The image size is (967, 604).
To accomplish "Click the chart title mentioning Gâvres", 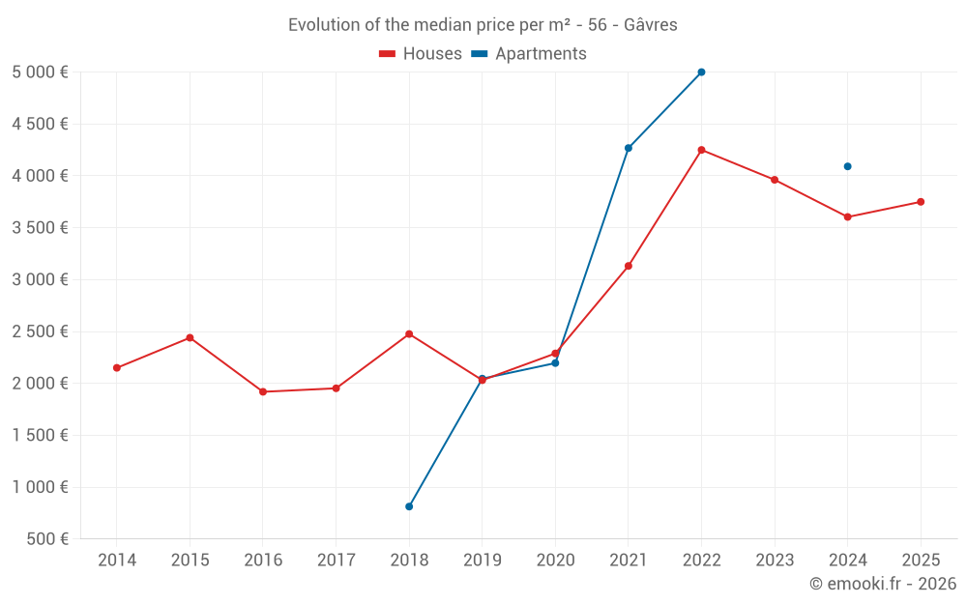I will click(x=483, y=25).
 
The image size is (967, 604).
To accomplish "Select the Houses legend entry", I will click(x=421, y=54).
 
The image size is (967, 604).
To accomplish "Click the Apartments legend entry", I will click(x=529, y=54).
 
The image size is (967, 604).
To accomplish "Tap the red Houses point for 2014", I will click(x=117, y=368).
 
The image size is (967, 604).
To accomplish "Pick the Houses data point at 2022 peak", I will click(x=701, y=150).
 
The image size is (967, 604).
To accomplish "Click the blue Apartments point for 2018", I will click(x=409, y=506).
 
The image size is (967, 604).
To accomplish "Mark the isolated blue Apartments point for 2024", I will click(x=847, y=166).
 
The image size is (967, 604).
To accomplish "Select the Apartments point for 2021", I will click(x=629, y=148).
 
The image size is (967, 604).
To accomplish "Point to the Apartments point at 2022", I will click(x=701, y=72).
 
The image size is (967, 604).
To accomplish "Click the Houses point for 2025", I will click(x=921, y=202).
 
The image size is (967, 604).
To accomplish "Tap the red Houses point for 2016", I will click(x=263, y=391).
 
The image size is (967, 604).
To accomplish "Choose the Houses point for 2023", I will click(x=775, y=180).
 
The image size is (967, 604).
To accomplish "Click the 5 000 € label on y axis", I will click(x=41, y=72).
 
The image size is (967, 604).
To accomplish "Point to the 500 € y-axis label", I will click(x=45, y=539).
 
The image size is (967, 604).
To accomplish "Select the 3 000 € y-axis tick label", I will click(x=41, y=280).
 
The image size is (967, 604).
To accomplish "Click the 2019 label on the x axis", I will click(x=482, y=561).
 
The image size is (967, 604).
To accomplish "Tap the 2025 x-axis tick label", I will click(x=921, y=561).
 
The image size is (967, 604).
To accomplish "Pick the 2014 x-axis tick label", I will click(x=117, y=561).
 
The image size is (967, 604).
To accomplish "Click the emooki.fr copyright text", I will click(x=882, y=584).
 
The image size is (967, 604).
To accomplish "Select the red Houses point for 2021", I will click(x=629, y=266).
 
